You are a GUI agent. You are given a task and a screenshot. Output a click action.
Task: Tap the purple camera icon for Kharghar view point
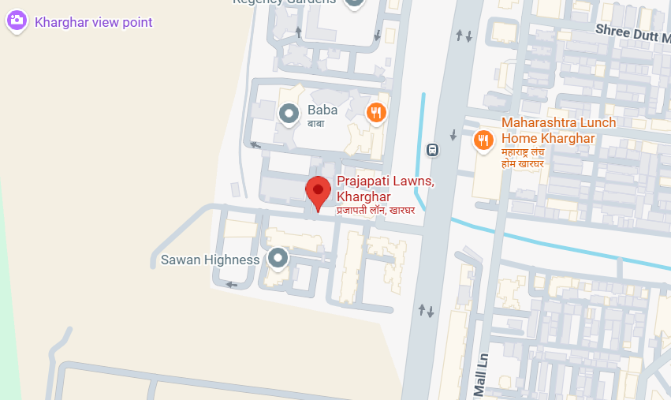pyautogui.click(x=17, y=21)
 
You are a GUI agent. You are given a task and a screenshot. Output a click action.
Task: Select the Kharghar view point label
pyautogui.click(x=94, y=22)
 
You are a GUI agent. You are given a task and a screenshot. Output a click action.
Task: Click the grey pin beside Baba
pyautogui.click(x=289, y=114)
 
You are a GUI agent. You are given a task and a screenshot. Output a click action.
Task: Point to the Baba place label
pyautogui.click(x=323, y=110)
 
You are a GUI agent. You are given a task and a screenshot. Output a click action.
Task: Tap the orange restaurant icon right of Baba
pyautogui.click(x=377, y=113)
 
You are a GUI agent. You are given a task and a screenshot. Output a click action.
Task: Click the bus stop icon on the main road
pyautogui.click(x=432, y=149)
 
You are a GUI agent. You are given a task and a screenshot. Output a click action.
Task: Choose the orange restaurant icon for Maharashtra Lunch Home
pyautogui.click(x=483, y=140)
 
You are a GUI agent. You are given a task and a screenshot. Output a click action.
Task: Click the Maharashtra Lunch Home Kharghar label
pyautogui.click(x=559, y=131)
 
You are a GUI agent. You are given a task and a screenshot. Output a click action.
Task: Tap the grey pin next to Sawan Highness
pyautogui.click(x=278, y=257)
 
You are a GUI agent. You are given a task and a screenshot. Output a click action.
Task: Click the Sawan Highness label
pyautogui.click(x=210, y=260)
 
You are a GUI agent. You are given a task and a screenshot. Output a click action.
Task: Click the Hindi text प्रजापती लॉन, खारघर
pyautogui.click(x=375, y=210)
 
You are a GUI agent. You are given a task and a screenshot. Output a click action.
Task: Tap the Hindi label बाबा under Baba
pyautogui.click(x=316, y=124)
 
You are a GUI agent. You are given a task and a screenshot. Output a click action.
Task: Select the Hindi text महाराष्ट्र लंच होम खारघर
pyautogui.click(x=524, y=157)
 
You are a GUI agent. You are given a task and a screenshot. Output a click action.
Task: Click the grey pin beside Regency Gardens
pyautogui.click(x=356, y=2)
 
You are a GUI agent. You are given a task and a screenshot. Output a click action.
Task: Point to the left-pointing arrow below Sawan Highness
pyautogui.click(x=231, y=285)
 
